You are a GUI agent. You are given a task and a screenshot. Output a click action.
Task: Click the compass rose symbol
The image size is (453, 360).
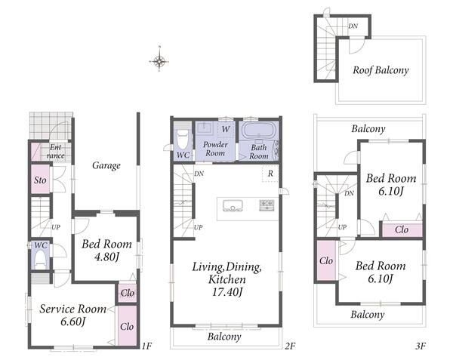(x=159, y=61)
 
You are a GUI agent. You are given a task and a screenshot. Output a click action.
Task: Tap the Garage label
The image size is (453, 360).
(x=106, y=166)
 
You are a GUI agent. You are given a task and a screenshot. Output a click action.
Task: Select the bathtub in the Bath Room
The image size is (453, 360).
(x=259, y=131)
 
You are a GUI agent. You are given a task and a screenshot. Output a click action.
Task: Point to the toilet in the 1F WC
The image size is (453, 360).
(x=41, y=259)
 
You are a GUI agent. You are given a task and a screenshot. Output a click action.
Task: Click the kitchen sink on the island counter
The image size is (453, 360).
(x=233, y=206)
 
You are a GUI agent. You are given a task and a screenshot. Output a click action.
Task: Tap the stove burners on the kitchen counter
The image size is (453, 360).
(x=267, y=205)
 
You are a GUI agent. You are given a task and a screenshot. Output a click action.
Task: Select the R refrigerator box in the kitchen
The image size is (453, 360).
(x=270, y=174)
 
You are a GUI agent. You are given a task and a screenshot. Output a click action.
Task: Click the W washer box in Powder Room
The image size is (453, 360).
(x=226, y=129)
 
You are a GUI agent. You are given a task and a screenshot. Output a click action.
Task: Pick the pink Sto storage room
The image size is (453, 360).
(x=40, y=180)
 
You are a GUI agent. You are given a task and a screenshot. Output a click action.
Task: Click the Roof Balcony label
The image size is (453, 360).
(x=381, y=70)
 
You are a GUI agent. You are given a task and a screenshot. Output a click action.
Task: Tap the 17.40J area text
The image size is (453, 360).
(x=227, y=292)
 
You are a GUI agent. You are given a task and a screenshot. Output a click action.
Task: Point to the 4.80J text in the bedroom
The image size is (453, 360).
(x=107, y=256)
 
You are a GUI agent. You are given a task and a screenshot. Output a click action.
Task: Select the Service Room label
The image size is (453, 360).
(x=72, y=309)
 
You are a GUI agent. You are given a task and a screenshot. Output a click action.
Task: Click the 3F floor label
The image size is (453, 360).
(x=421, y=346)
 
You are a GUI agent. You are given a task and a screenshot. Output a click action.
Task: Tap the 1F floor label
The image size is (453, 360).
(x=146, y=346)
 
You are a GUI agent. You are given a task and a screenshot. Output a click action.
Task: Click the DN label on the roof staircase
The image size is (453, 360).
(x=353, y=26)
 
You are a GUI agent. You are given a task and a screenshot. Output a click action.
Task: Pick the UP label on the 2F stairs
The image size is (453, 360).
(x=198, y=227)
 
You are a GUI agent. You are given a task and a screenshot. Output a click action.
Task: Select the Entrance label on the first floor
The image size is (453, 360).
(x=55, y=151)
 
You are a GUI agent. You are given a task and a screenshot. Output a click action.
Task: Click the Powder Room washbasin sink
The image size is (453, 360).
(x=205, y=128)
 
